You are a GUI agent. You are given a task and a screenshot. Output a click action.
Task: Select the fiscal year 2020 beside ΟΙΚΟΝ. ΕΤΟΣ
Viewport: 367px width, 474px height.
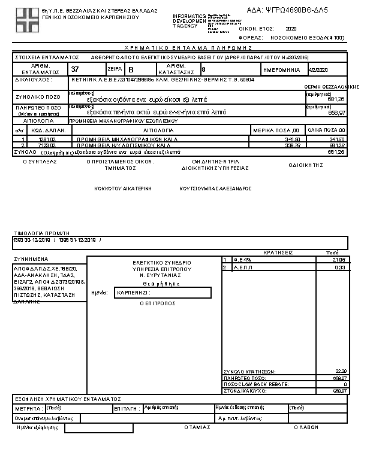tap(291, 28)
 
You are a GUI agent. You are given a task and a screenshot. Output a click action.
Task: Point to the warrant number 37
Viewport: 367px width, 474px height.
tap(76, 69)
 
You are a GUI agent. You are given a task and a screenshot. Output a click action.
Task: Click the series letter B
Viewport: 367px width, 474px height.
tap(132, 70)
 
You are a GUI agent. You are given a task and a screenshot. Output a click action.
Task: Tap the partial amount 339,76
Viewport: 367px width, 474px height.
tap(292, 145)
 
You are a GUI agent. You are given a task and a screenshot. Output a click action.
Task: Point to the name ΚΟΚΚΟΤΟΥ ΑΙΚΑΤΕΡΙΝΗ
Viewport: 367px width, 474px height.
tap(123, 188)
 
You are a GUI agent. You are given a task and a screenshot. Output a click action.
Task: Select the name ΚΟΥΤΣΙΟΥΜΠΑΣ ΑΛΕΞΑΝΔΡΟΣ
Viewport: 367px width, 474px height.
tap(215, 188)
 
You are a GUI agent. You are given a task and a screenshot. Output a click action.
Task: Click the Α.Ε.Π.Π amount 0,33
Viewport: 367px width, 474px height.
tap(340, 268)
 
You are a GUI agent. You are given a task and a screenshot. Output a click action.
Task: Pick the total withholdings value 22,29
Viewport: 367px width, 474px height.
tap(339, 371)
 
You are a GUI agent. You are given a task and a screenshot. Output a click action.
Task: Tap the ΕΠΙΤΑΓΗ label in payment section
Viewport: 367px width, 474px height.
tap(127, 408)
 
